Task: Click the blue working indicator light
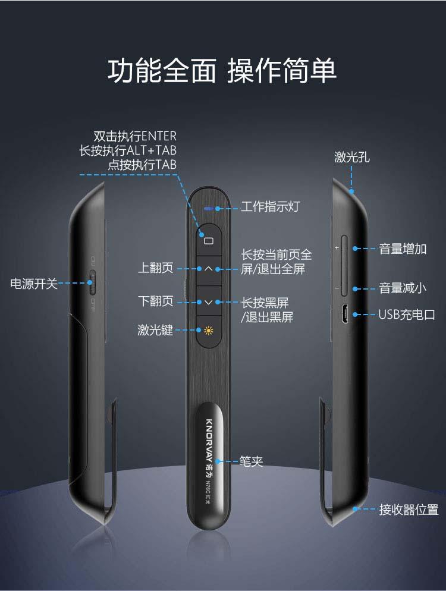click(x=209, y=208)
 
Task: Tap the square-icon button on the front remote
click(x=209, y=240)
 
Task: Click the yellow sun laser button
click(x=209, y=331)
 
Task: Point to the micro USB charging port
click(x=344, y=314)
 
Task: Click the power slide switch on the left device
click(x=92, y=282)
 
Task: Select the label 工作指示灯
click(x=270, y=206)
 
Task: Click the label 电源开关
click(x=34, y=284)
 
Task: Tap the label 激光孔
click(x=352, y=157)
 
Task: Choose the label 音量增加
click(x=403, y=249)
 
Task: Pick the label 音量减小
click(x=403, y=288)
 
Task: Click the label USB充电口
click(x=407, y=315)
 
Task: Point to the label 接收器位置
click(x=409, y=510)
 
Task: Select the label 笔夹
click(x=251, y=461)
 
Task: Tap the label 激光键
click(x=155, y=330)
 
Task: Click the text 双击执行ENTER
click(x=135, y=136)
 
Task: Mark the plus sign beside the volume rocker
click(x=337, y=248)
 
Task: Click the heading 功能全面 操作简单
click(x=222, y=71)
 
